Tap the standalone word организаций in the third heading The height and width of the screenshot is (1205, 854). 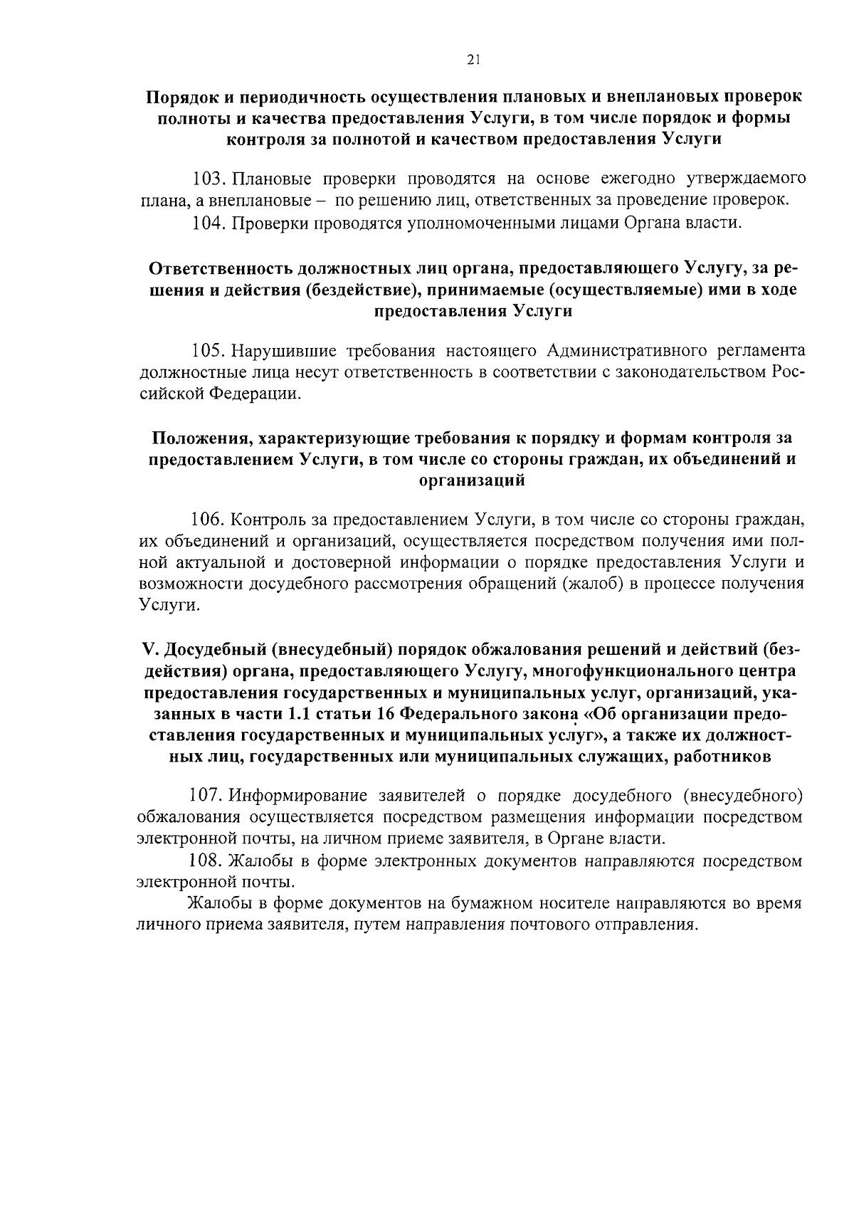[x=473, y=480]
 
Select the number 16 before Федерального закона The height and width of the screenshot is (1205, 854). [x=386, y=714]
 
